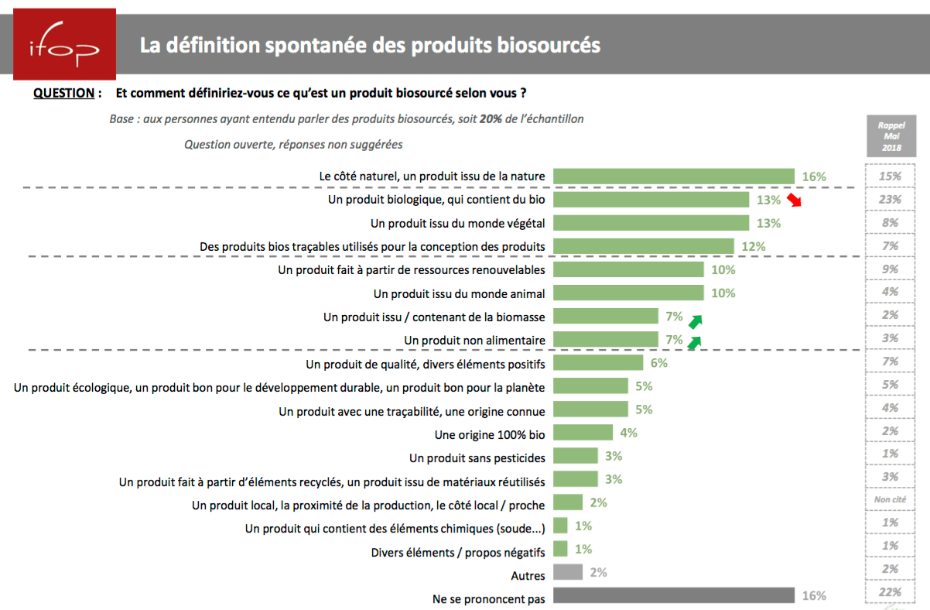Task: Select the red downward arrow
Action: coord(795,200)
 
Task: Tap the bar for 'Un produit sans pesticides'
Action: coord(576,456)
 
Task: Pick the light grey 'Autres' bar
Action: coord(569,572)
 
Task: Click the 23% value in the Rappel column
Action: coord(890,200)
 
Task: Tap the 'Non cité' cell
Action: coord(890,500)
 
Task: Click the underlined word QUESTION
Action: coord(63,93)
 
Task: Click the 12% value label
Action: coord(754,246)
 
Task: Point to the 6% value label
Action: coord(658,362)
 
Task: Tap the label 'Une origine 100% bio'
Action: coord(490,435)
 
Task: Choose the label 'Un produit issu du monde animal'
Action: coord(459,293)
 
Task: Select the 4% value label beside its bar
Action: coord(628,433)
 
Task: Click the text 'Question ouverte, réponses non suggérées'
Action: coord(293,144)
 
